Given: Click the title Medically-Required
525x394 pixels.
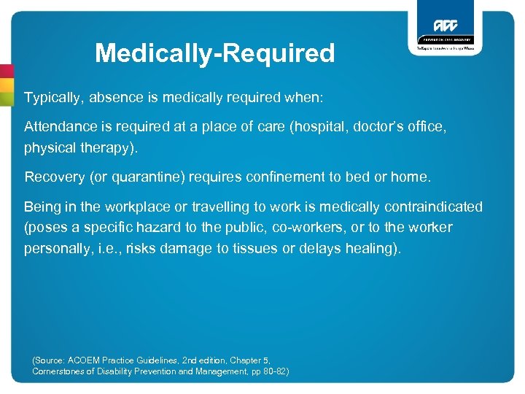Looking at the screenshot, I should coord(214,53).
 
